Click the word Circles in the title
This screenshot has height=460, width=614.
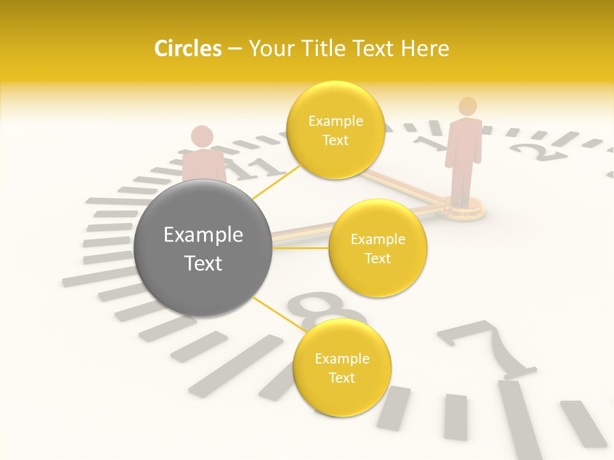pyautogui.click(x=187, y=49)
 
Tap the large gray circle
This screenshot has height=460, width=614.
pyautogui.click(x=203, y=248)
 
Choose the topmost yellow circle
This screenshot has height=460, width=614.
pyautogui.click(x=335, y=130)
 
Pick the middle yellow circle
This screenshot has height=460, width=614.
pyautogui.click(x=378, y=248)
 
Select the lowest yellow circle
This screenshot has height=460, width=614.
pyautogui.click(x=342, y=367)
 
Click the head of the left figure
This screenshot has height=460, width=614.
pyautogui.click(x=202, y=136)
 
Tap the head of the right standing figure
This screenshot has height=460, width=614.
pyautogui.click(x=468, y=106)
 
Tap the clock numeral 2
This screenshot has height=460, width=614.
pyautogui.click(x=530, y=152)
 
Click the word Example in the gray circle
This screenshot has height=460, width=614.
pyautogui.click(x=203, y=235)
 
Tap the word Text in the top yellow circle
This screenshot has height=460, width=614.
pyautogui.click(x=335, y=140)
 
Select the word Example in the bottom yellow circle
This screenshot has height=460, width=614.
pyautogui.click(x=342, y=358)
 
